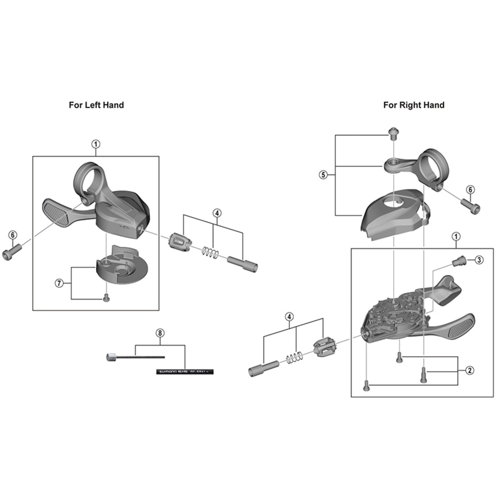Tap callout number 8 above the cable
[x=160, y=333]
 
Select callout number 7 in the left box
[x=59, y=283]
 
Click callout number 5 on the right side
[x=323, y=175]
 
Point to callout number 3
[x=479, y=260]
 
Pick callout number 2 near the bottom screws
[x=470, y=371]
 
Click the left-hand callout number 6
[x=13, y=235]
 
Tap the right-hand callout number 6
[x=470, y=190]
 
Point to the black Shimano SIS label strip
[x=185, y=372]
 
